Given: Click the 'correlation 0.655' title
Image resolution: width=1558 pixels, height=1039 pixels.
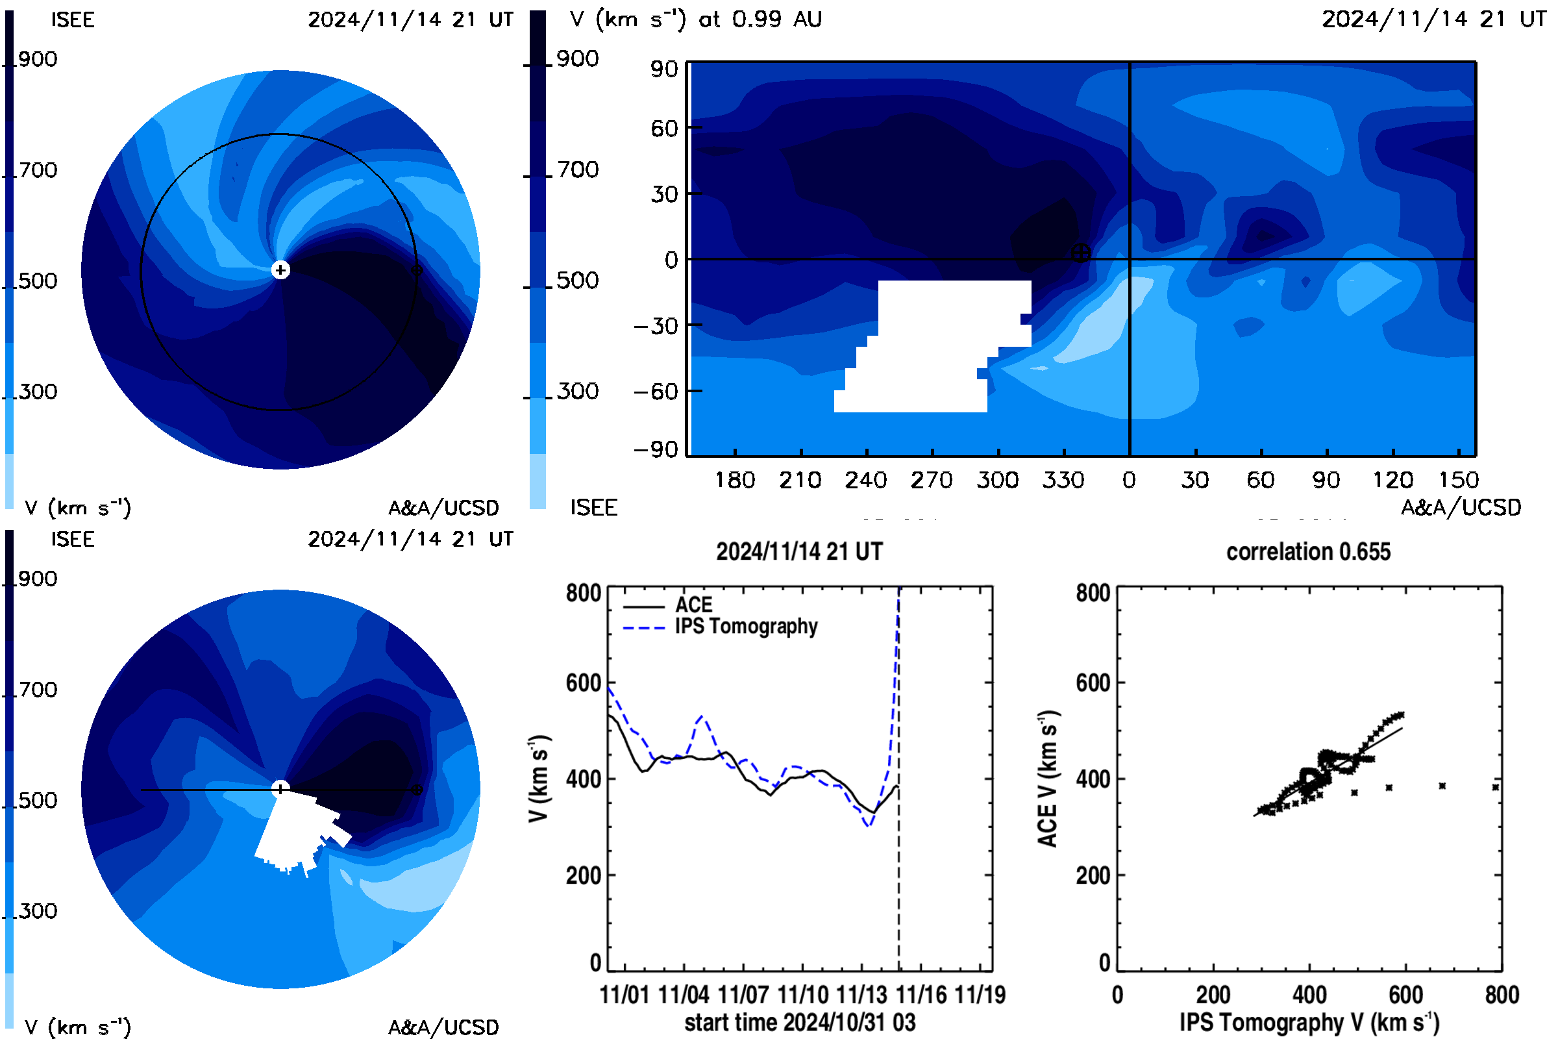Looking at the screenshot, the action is (x=1307, y=552).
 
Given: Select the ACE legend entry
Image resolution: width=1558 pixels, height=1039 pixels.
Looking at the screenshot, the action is (x=668, y=605).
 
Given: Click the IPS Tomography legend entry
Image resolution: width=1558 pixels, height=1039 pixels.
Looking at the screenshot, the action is (x=720, y=627).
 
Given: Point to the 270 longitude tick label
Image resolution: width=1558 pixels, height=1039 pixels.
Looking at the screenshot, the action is (x=932, y=480).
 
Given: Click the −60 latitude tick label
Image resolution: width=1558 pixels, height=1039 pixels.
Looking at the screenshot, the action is (x=656, y=392).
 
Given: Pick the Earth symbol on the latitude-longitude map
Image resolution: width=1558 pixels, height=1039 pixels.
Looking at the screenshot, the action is (x=1080, y=253).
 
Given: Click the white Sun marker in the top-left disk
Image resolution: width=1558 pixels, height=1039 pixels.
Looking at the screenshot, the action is (x=280, y=269).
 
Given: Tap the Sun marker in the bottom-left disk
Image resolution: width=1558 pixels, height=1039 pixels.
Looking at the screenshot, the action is (x=280, y=788).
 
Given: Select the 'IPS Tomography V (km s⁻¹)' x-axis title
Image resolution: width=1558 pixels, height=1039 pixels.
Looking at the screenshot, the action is (x=1309, y=1022).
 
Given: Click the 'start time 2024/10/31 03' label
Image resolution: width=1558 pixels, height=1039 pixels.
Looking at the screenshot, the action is (x=800, y=1022).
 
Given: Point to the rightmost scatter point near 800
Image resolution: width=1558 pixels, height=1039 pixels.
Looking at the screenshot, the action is (x=1495, y=787).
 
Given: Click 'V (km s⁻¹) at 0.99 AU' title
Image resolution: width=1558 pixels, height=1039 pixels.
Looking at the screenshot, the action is (x=695, y=19).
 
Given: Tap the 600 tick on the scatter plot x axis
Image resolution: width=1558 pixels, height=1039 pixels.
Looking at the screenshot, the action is (x=1405, y=995).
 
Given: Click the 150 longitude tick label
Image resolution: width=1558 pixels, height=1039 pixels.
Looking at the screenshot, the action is (x=1459, y=480).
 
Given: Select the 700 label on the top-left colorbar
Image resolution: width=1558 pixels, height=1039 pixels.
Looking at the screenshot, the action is (x=37, y=170).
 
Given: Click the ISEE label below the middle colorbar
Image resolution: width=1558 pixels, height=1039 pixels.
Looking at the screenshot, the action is (x=593, y=508).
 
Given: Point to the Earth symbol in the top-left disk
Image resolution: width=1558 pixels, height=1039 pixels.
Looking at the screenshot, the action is (x=417, y=269).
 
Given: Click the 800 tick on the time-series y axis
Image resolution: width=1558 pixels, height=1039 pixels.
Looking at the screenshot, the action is (x=583, y=593).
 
